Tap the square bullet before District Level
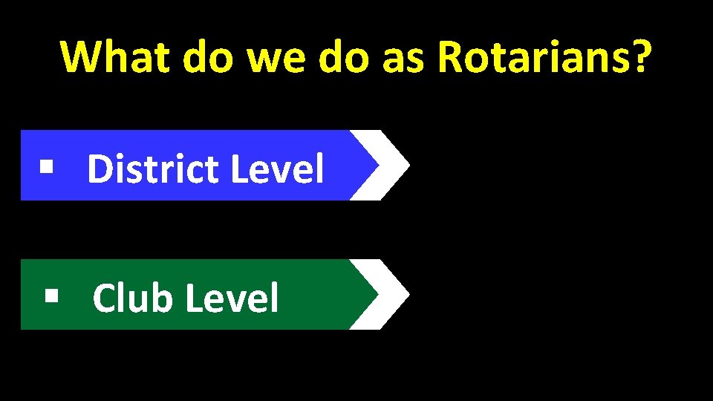coord(48,166)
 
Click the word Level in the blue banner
coord(278,169)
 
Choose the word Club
coord(132,298)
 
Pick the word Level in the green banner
coord(232,298)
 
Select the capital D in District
coord(98,169)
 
